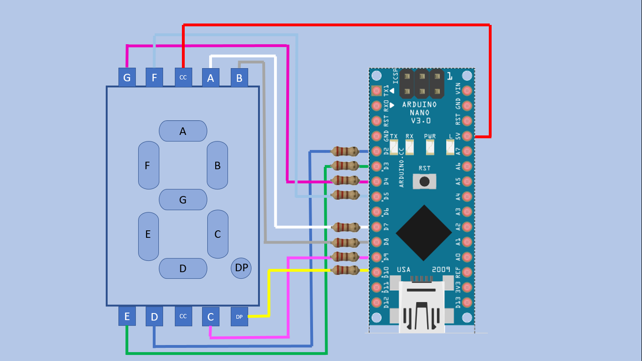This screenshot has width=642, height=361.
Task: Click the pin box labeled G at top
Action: (127, 78)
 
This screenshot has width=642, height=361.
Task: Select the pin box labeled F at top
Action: (154, 78)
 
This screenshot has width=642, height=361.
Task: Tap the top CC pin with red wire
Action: (183, 78)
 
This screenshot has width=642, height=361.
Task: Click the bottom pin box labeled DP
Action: (239, 316)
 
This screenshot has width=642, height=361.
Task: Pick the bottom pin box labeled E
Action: (127, 316)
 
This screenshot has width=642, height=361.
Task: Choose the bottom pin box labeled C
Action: (211, 316)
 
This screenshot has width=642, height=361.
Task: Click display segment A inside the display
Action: (183, 131)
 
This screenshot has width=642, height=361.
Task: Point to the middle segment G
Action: (183, 200)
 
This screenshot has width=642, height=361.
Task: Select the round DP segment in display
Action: (241, 268)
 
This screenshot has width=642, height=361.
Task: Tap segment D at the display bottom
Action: (183, 268)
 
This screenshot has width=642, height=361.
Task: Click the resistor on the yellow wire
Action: (345, 270)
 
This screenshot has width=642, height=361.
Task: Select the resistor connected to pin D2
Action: (345, 151)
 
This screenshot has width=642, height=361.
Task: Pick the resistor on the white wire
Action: (345, 228)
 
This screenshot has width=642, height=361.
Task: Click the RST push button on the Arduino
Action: (424, 181)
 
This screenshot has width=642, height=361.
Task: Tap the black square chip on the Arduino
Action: (424, 233)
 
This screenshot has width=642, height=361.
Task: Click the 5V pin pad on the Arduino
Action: (467, 136)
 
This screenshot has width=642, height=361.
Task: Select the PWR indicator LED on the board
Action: (430, 148)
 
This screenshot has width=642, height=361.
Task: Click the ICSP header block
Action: (422, 83)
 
